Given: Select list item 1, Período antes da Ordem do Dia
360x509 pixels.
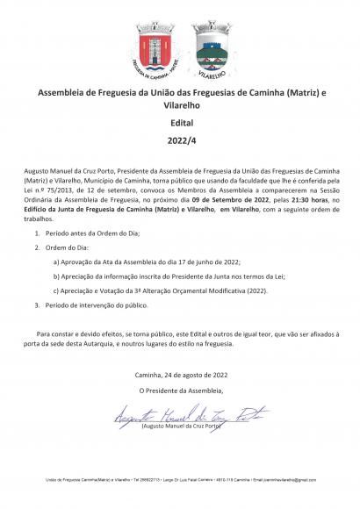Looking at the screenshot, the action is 91,234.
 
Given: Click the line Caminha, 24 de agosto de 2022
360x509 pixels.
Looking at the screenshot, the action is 179,375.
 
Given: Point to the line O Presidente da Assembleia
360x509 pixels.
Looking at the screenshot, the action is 180,390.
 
